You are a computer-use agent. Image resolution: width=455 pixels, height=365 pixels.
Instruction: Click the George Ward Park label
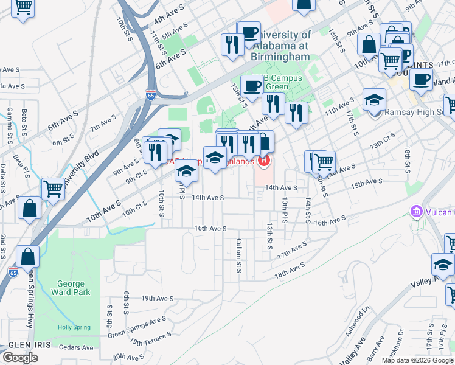tap(74, 288)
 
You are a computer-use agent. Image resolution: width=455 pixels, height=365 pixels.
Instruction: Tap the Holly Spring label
tap(74, 327)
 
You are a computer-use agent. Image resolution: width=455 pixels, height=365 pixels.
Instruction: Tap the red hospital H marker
tap(263, 161)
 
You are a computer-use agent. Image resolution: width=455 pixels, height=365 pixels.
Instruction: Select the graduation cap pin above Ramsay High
tap(375, 100)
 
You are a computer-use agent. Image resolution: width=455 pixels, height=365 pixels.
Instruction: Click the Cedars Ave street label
tap(79, 348)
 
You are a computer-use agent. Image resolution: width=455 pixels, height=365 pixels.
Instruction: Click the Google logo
tap(20, 358)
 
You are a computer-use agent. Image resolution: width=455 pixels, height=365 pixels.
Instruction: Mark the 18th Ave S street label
tap(290, 271)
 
